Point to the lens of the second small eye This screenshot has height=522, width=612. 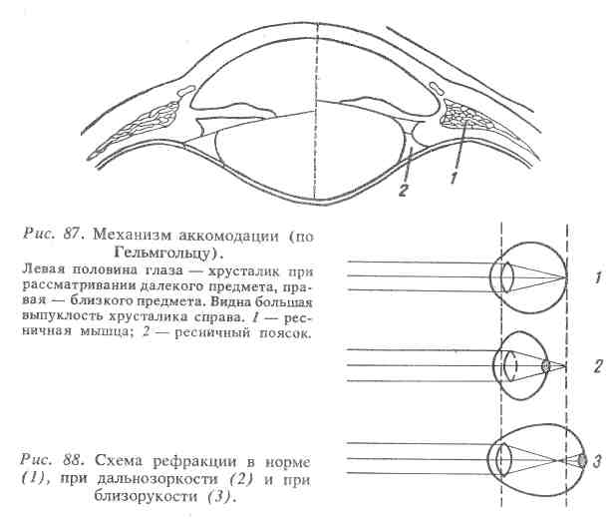coord(509,366)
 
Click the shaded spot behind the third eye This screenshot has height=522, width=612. coord(583,460)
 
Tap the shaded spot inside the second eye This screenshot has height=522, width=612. coord(545,366)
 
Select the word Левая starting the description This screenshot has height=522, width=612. coord(40,272)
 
